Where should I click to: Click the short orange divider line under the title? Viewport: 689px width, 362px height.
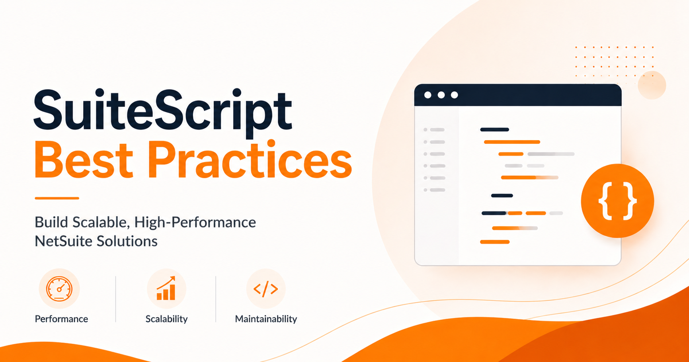tap(57, 198)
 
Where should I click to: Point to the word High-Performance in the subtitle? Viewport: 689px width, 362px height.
tap(195, 222)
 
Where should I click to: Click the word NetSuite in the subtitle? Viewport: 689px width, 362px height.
tap(63, 241)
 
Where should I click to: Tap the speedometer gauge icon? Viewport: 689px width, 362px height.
tap(59, 289)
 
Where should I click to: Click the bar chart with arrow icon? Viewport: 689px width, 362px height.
tap(166, 288)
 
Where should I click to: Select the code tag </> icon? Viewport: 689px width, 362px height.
tap(266, 289)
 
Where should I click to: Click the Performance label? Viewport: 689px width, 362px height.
tap(61, 319)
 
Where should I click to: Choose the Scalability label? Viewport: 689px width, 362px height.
tap(166, 319)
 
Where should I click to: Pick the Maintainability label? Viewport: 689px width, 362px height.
tap(266, 319)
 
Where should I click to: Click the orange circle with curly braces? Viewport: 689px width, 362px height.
tap(617, 201)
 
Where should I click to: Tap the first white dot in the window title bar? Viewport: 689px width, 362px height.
tap(428, 95)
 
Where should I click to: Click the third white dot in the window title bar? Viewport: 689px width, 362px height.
tap(454, 95)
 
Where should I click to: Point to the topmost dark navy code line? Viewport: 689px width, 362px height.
tap(495, 129)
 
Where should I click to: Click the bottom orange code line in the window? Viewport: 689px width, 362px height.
tap(495, 242)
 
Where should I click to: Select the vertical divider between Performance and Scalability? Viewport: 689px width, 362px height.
tap(116, 299)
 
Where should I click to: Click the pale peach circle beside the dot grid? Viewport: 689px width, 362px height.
tap(652, 85)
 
